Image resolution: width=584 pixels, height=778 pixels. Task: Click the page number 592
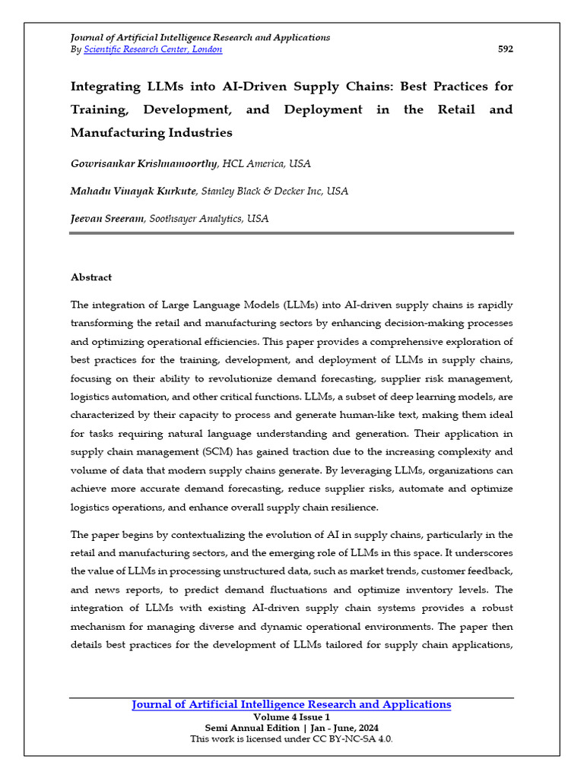tap(505, 49)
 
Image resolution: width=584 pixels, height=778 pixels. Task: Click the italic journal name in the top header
tap(200, 37)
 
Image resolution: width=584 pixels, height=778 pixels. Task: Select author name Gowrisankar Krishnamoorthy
tap(144, 164)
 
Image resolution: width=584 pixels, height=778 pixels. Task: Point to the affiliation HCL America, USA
tap(266, 164)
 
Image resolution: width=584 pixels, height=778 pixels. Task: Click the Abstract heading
tap(91, 278)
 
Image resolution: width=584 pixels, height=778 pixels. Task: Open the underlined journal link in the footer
tap(291, 705)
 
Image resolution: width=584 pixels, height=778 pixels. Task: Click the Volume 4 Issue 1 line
tap(291, 717)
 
